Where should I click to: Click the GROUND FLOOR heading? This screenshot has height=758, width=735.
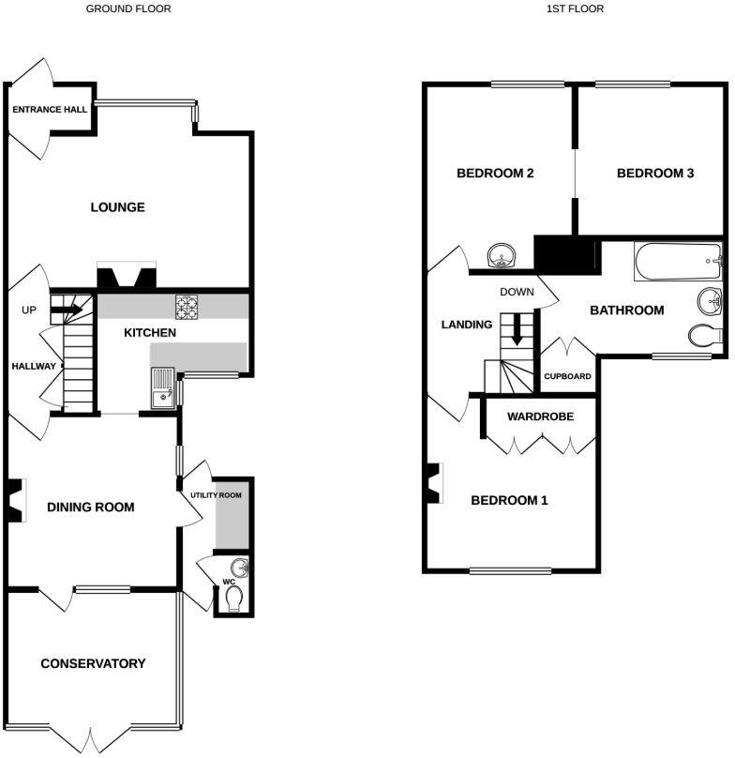click(x=128, y=8)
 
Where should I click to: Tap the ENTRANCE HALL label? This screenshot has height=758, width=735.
click(x=50, y=110)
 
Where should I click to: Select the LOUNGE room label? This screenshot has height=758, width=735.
click(x=117, y=207)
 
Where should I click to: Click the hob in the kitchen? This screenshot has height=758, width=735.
click(x=187, y=306)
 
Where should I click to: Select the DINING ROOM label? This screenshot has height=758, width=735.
click(x=91, y=508)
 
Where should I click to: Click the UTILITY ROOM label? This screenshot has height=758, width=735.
click(x=216, y=494)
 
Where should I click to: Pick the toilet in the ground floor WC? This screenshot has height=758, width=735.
click(x=233, y=599)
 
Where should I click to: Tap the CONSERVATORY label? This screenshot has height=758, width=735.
click(x=93, y=664)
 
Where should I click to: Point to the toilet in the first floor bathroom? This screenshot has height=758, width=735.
click(x=704, y=335)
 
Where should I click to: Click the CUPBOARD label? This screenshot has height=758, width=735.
click(x=568, y=377)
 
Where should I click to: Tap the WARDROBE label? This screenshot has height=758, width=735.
click(x=540, y=417)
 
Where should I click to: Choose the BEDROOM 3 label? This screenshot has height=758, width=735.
click(x=655, y=174)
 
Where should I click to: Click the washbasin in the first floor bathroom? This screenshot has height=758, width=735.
click(x=711, y=301)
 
